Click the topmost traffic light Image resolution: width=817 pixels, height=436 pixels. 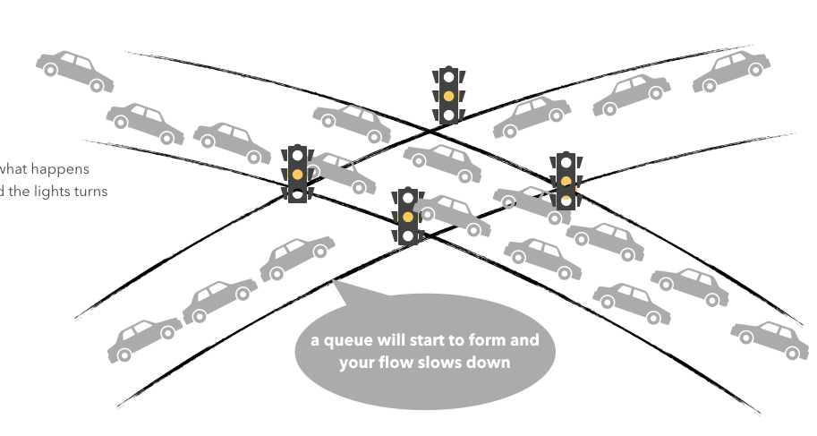pos(448,95)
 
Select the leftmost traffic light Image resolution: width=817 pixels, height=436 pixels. pos(298,173)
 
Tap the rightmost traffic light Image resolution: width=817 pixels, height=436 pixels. pos(566,181)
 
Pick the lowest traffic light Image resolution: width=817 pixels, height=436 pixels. pos(408,217)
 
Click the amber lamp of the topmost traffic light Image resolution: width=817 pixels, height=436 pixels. pos(448,96)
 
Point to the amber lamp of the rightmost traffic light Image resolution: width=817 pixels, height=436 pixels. pos(566,182)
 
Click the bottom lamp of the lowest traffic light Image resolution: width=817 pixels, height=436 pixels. pos(408,235)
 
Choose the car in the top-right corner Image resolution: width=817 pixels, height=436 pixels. pos(731,71)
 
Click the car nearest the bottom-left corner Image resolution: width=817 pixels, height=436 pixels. pos(143,338)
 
